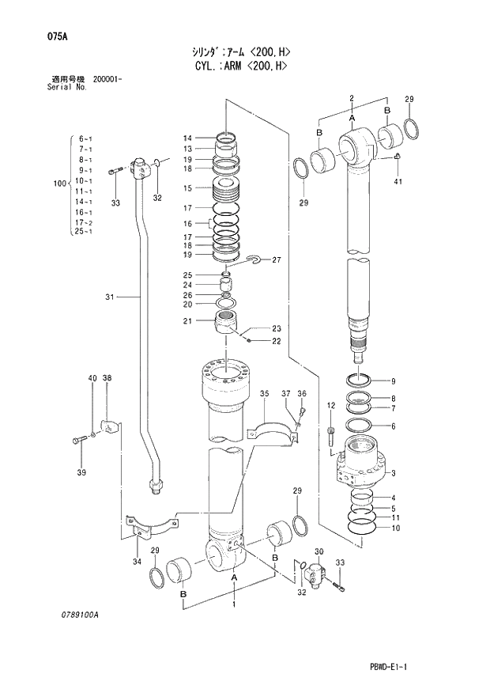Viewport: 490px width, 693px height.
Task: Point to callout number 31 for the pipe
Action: [x=110, y=297]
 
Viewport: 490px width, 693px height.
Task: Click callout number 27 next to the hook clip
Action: [x=277, y=259]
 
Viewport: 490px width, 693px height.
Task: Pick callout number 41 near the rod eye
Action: [x=398, y=183]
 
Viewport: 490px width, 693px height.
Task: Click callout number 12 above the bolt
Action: [x=331, y=406]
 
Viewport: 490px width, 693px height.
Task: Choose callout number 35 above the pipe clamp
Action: [x=265, y=393]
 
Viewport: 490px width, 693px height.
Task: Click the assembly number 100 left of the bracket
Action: [x=58, y=184]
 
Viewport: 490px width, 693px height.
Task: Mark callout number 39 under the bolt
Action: [x=79, y=473]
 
